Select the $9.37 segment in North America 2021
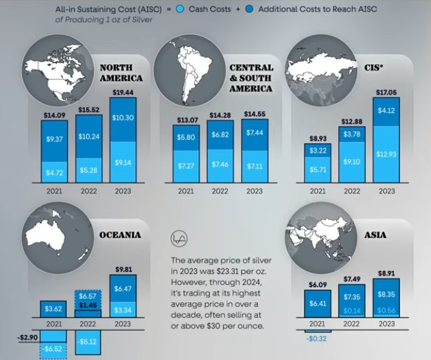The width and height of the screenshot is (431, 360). coord(53,139)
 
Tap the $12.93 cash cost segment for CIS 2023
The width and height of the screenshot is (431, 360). coord(386,155)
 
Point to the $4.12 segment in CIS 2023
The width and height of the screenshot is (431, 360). coord(386,111)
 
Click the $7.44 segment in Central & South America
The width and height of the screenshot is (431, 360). coord(254,132)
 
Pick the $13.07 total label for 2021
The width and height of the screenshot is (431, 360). coord(186,120)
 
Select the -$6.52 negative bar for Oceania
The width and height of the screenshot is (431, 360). coord(54,349)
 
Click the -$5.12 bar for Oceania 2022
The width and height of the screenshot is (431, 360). coord(88,341)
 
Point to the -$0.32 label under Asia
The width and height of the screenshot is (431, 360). coord(317,339)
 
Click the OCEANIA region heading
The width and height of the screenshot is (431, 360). coord(120,235)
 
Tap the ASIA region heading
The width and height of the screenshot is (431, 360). coord(375,235)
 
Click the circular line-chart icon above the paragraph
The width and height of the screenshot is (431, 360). coord(180,239)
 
